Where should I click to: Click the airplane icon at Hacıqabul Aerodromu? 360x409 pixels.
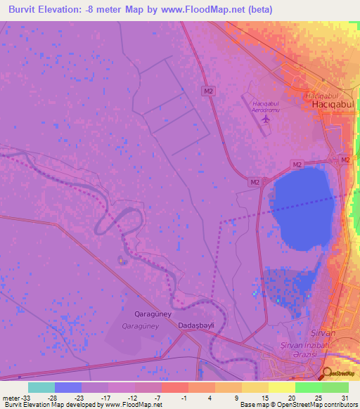point(266,119)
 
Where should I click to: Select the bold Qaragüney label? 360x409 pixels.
point(153,314)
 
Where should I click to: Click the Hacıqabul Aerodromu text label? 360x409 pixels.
point(266,106)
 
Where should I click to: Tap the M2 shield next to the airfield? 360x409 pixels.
point(207,91)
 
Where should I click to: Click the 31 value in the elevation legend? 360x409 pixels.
point(344,397)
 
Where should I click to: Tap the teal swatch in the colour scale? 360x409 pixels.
point(41,387)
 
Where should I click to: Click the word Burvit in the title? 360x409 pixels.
point(27,9)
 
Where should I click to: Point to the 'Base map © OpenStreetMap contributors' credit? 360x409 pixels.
point(298,405)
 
